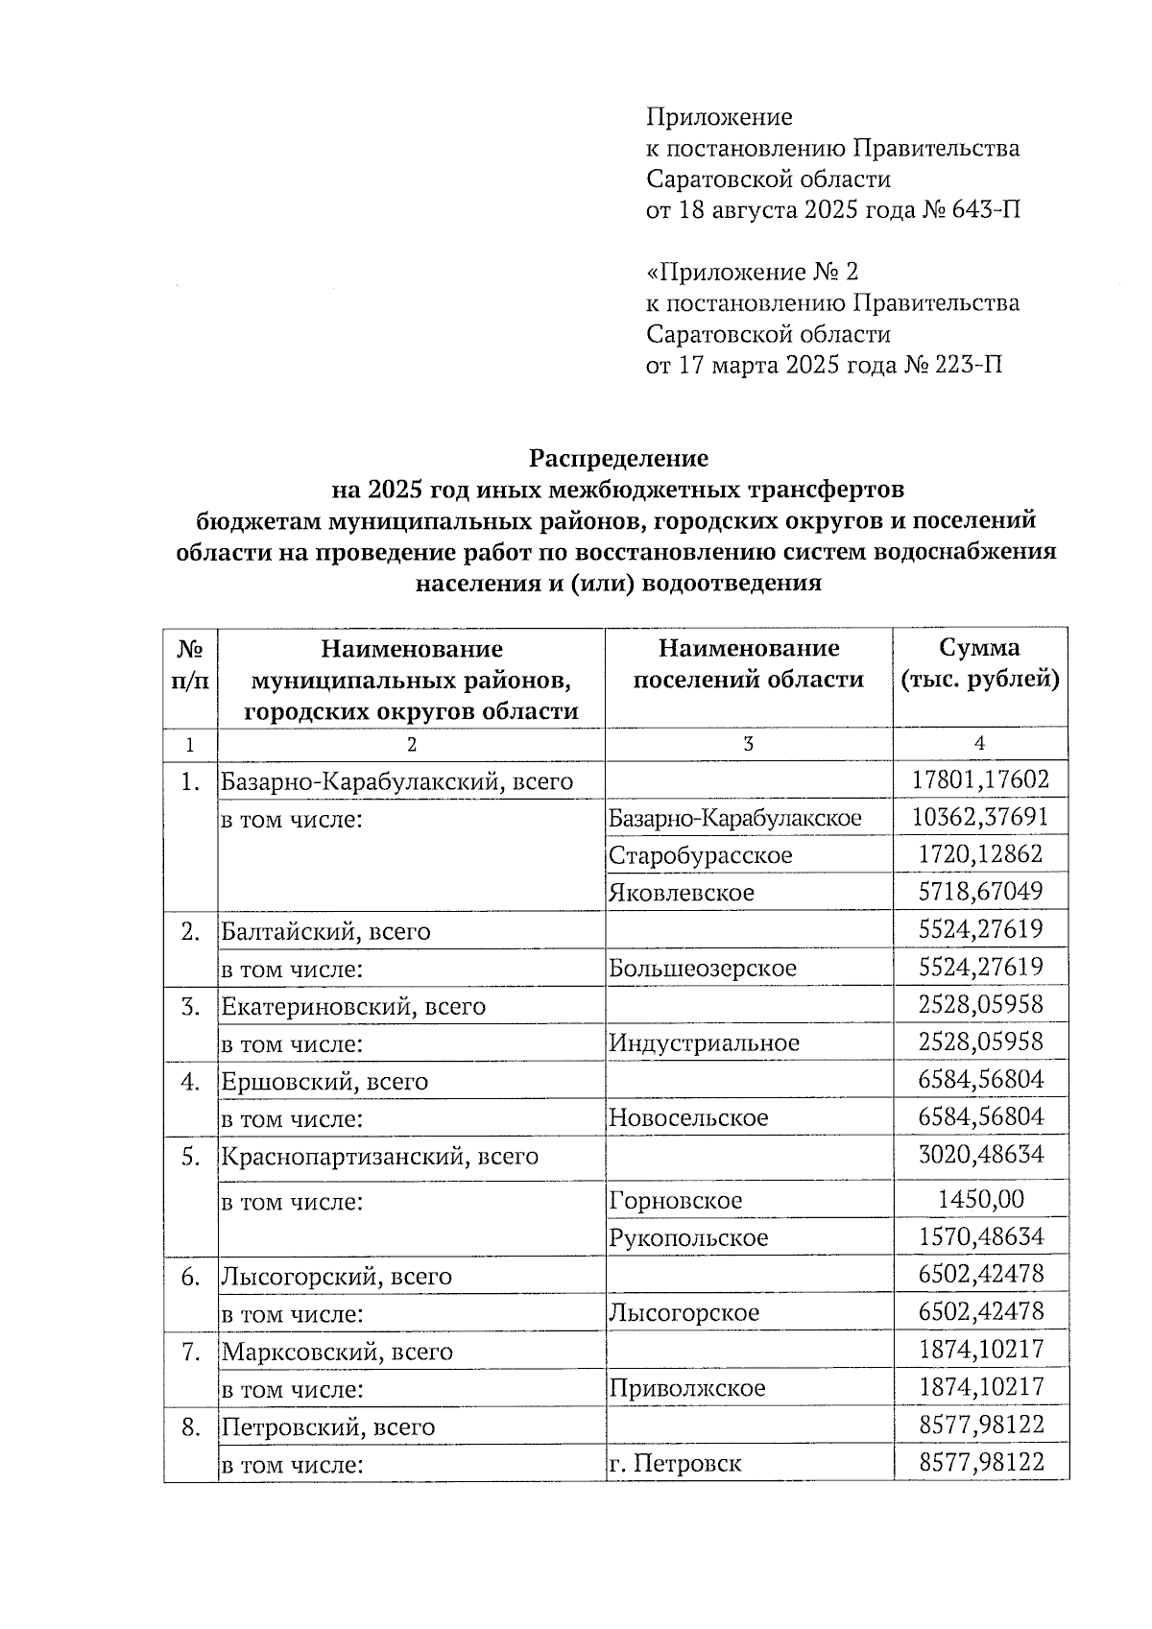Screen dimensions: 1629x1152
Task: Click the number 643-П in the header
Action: (x=984, y=209)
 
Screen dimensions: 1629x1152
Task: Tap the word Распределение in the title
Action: (x=619, y=458)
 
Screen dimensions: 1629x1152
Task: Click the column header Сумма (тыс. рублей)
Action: (x=979, y=663)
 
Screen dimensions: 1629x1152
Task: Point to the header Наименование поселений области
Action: (x=748, y=663)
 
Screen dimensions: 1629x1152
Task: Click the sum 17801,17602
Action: (x=980, y=779)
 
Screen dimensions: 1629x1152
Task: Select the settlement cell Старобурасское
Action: (x=700, y=854)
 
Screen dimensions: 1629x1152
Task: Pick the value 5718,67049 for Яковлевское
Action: (x=980, y=892)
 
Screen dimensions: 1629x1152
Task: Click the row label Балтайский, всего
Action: (x=325, y=931)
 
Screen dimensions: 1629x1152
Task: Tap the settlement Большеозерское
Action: (x=702, y=968)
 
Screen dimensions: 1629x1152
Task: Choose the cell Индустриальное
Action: (x=704, y=1042)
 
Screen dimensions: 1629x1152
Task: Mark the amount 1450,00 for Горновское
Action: (x=980, y=1199)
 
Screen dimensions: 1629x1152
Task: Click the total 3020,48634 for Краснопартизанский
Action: (x=980, y=1154)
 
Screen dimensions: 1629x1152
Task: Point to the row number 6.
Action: (x=190, y=1277)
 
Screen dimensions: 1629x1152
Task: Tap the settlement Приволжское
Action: (x=686, y=1388)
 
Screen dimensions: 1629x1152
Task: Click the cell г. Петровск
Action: (x=674, y=1464)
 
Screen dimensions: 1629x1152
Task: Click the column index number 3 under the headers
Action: (x=748, y=744)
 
